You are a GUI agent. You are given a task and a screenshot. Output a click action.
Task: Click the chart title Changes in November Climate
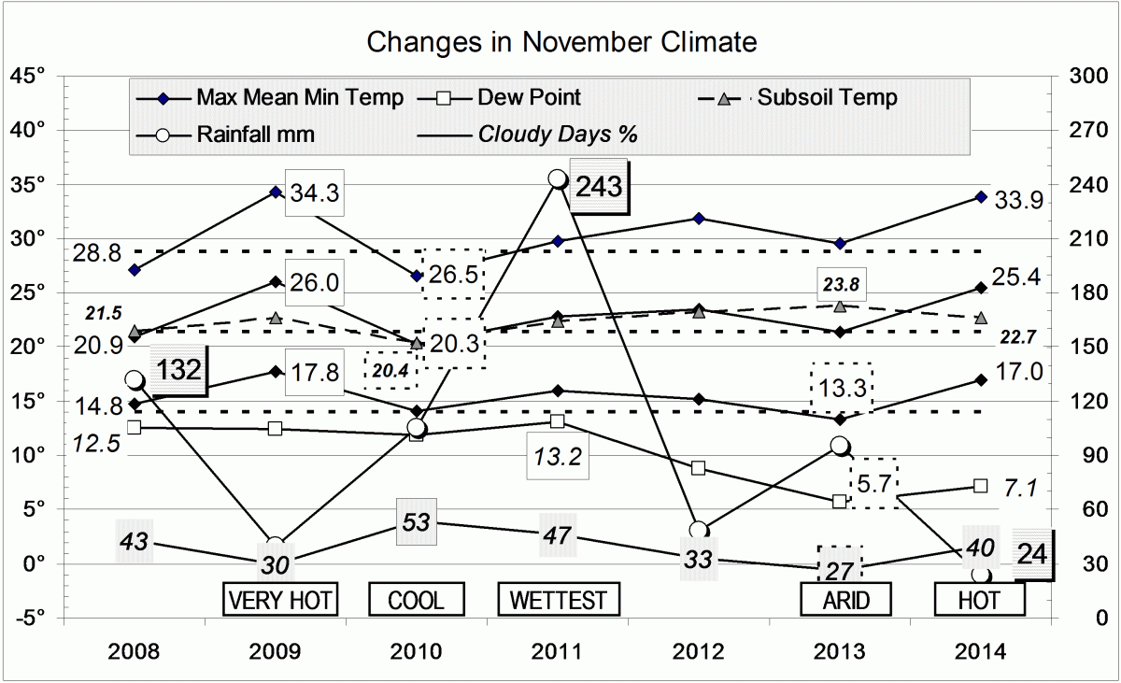click(560, 42)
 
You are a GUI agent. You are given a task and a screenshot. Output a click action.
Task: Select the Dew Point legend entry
click(529, 97)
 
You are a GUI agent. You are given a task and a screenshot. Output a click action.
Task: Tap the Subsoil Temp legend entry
click(827, 97)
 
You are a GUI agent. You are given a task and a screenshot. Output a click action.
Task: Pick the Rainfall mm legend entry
click(255, 134)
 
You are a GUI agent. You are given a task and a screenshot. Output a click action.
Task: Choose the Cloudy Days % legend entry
click(558, 134)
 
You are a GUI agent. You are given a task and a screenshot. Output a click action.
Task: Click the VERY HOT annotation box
click(279, 599)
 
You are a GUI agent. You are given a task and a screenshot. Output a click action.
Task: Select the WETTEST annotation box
click(558, 599)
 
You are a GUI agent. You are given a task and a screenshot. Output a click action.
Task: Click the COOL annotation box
click(417, 599)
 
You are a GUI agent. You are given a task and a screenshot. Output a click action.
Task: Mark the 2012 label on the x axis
click(698, 651)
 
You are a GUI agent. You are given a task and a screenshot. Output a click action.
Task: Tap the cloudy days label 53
click(416, 521)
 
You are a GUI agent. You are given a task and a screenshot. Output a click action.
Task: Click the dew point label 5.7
click(873, 483)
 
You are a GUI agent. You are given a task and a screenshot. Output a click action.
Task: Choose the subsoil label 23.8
click(840, 281)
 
